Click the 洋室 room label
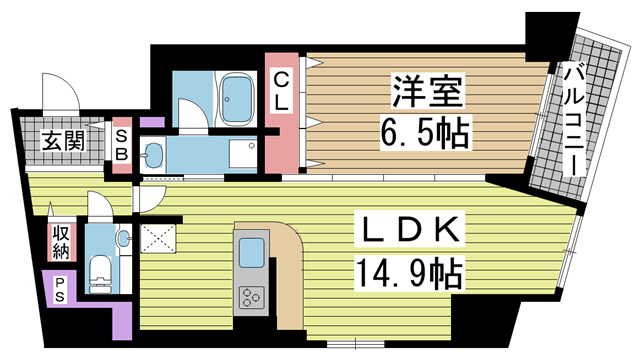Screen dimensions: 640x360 428,91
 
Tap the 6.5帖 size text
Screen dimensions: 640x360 425,132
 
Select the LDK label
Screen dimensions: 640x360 409,229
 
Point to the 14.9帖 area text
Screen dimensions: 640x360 409,272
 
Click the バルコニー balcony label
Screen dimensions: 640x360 575,121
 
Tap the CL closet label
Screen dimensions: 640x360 281,91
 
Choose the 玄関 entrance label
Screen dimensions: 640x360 63,141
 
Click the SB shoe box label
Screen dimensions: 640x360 122,145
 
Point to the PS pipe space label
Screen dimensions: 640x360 60,289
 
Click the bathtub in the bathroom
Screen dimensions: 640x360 236,99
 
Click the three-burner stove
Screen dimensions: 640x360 251,296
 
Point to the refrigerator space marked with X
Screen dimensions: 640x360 158,238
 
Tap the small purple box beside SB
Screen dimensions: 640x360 152,122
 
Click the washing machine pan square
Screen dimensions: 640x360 242,153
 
